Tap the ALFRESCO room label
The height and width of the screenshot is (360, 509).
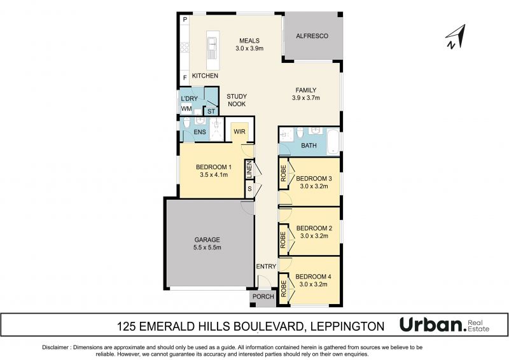(x=312, y=36)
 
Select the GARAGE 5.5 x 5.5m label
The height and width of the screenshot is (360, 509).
(x=207, y=244)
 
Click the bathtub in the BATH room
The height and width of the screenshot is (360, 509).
(x=333, y=142)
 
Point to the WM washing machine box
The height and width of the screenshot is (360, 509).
(x=186, y=109)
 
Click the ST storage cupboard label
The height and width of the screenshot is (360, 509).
(x=211, y=111)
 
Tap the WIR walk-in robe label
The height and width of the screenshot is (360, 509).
(x=240, y=132)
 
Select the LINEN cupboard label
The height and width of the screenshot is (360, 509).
(x=249, y=169)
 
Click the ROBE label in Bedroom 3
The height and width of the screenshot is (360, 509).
(x=283, y=173)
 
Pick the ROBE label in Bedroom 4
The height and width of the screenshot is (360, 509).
(x=283, y=289)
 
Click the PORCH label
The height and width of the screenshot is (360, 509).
(x=263, y=296)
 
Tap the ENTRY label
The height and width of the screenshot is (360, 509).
(x=266, y=267)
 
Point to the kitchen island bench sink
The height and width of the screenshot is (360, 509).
(x=213, y=43)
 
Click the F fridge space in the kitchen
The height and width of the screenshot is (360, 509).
(x=185, y=78)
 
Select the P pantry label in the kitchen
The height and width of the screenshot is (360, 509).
(x=185, y=20)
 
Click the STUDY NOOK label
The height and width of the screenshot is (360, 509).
(x=237, y=100)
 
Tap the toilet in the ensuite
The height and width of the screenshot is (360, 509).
(x=186, y=122)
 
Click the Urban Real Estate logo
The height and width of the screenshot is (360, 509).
(x=444, y=324)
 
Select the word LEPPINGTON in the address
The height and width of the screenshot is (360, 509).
(x=347, y=326)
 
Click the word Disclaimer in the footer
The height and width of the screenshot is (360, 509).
(x=55, y=347)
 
